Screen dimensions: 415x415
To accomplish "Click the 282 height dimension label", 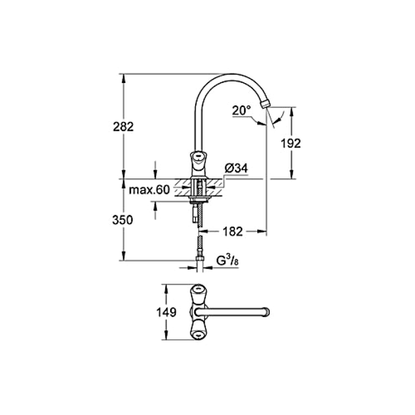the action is tap(123, 127).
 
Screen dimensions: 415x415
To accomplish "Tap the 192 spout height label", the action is tap(290, 144).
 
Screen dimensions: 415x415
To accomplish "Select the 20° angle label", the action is tap(241, 110).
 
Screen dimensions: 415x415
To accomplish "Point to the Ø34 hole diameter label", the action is tap(237, 168).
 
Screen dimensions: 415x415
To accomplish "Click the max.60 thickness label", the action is tap(149, 190).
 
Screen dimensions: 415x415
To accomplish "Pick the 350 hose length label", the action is tap(122, 220).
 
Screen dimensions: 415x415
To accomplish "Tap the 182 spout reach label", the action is tap(232, 231).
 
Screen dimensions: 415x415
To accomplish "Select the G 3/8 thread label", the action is tap(228, 261).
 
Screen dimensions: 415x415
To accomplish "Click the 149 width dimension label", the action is tap(166, 312).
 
